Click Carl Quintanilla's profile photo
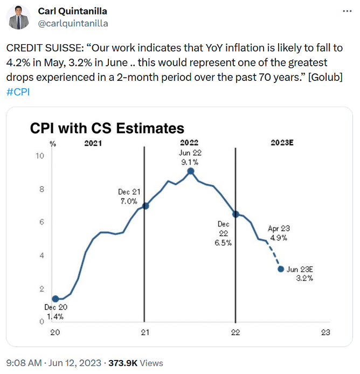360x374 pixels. coord(19,17)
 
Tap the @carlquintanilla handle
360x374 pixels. coord(73,23)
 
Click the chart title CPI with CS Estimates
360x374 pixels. coord(107,128)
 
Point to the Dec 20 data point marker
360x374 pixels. coord(55,299)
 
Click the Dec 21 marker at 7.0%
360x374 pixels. coord(145,206)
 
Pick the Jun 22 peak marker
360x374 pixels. coord(190,171)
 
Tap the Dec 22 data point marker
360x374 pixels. coord(235,214)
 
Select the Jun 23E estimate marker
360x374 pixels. coord(281,268)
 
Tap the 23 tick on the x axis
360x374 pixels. coord(325,333)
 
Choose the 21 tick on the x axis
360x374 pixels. coord(144,333)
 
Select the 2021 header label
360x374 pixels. coord(93,143)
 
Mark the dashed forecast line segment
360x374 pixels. coord(273,254)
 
